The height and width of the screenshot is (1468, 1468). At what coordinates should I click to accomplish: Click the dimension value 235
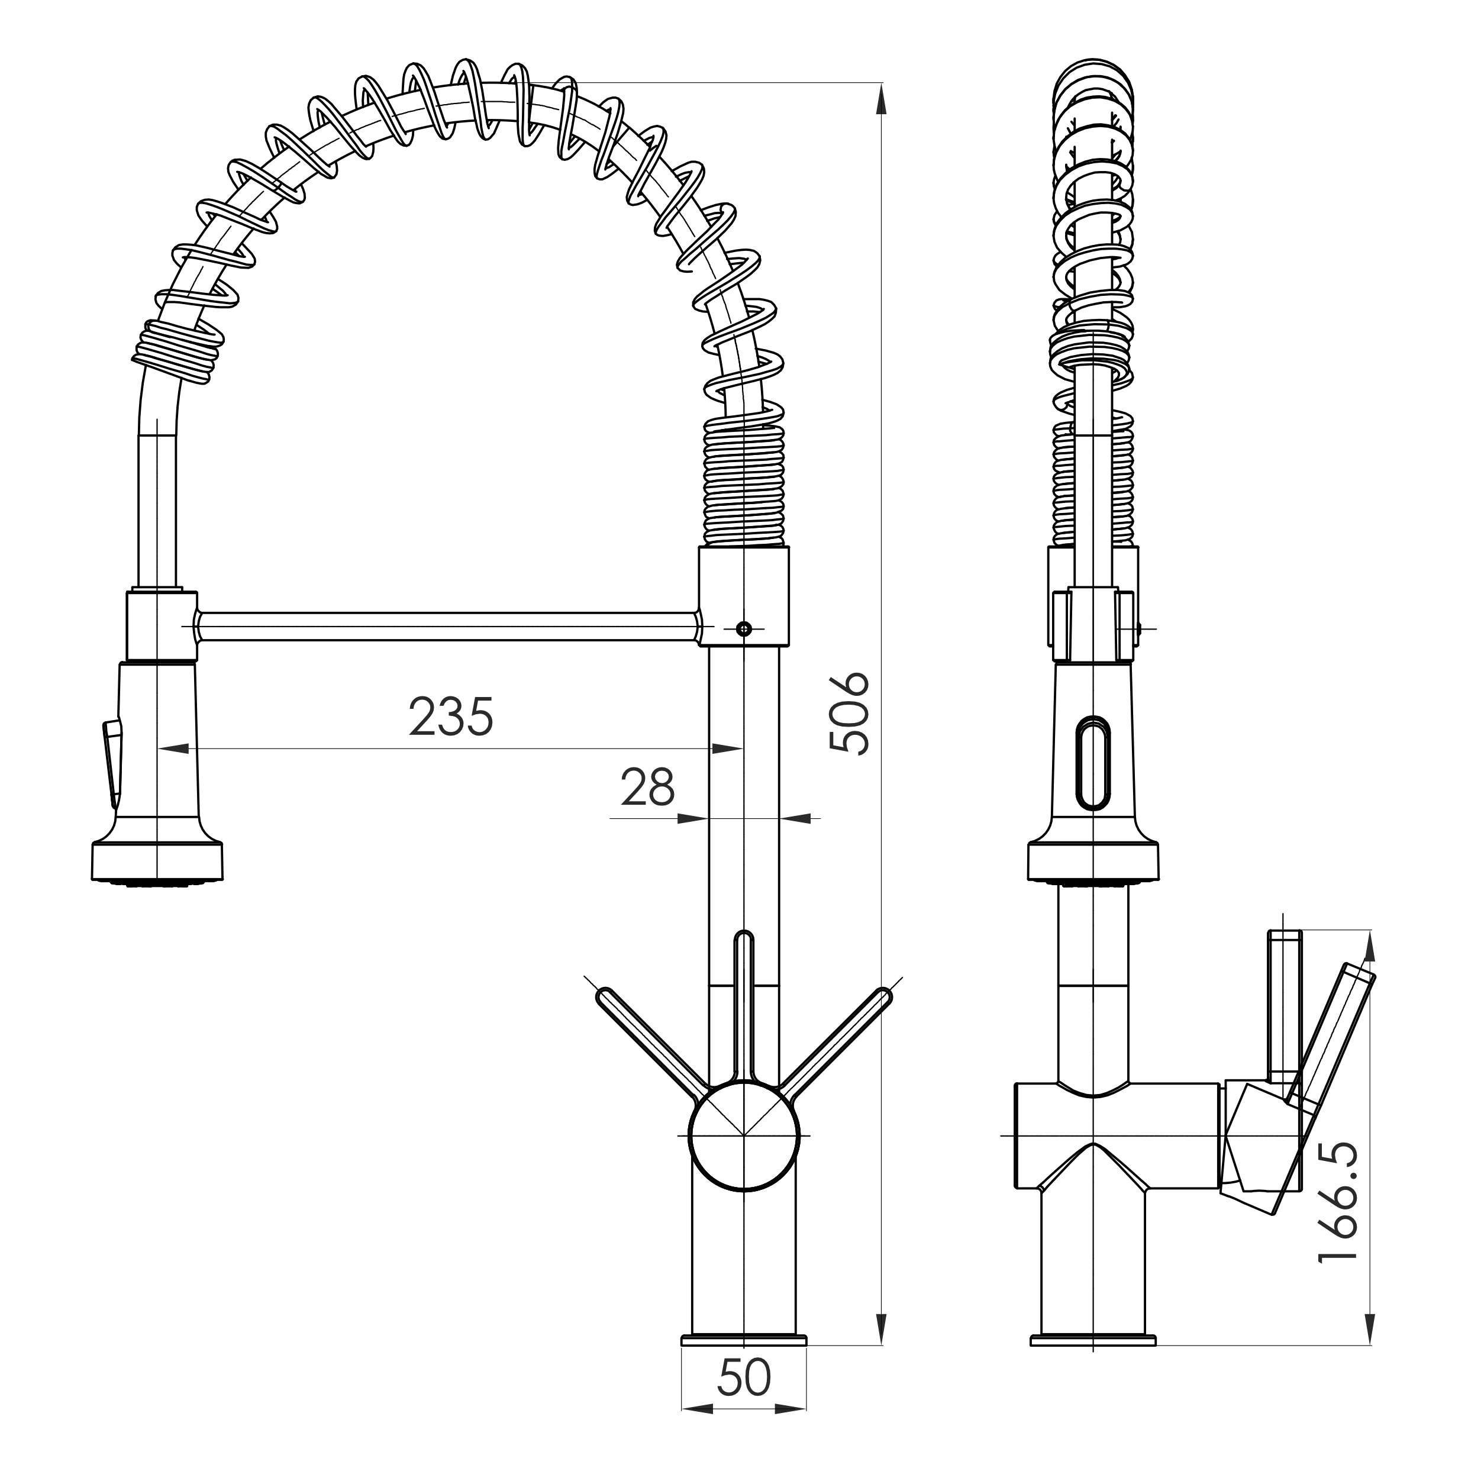pos(451,717)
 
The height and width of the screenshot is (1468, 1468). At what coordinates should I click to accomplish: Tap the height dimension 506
pos(848,713)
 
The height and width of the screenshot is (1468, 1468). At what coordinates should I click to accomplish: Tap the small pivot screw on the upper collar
pos(744,628)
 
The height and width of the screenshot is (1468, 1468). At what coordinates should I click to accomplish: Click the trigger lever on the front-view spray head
pos(112,762)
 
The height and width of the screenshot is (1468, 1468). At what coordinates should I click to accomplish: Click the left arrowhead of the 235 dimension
pos(174,748)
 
